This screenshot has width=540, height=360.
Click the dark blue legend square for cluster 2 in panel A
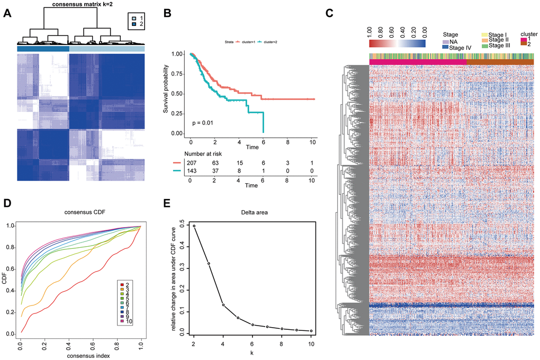[x=136, y=24]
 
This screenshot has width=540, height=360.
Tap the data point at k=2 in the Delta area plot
[x=193, y=226]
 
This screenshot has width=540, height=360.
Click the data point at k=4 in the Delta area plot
[x=223, y=305]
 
